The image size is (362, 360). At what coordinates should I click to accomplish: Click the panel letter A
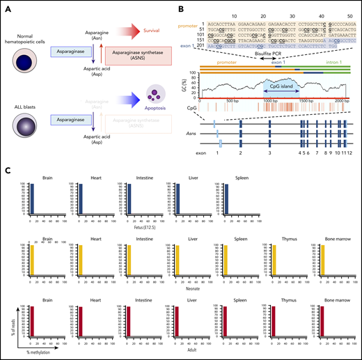pyautogui.click(x=6, y=9)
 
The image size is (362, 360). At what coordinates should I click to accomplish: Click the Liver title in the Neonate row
pyautogui.click(x=178, y=238)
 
